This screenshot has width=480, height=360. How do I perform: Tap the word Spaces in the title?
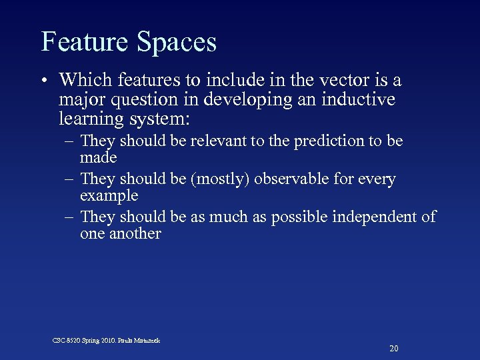177,43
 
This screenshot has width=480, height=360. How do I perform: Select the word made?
98,159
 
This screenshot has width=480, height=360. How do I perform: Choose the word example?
109,197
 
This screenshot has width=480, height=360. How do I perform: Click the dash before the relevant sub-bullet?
70,142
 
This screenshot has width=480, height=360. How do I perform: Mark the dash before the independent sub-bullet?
70,217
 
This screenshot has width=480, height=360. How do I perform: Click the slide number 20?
393,349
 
